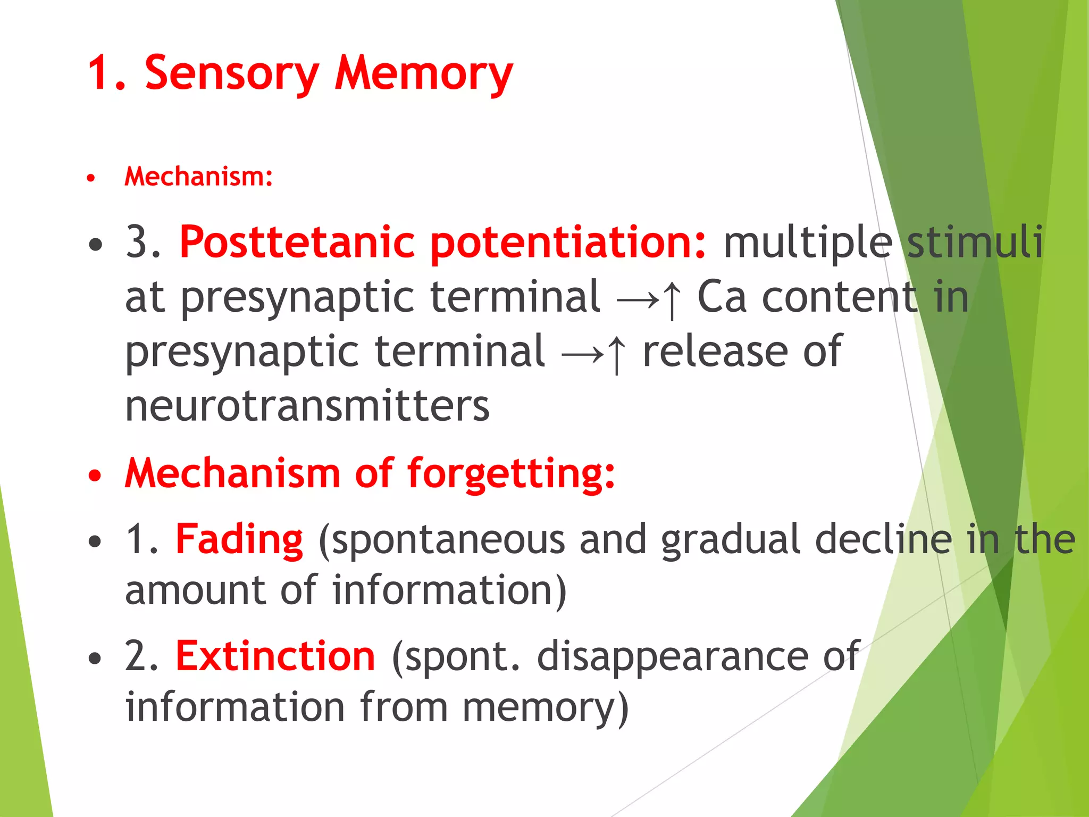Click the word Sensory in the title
click(x=231, y=73)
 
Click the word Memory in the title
click(x=423, y=73)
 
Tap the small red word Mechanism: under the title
click(x=198, y=177)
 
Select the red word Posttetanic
click(x=297, y=243)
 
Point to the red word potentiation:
click(x=568, y=243)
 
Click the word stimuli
click(x=975, y=243)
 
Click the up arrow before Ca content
click(x=672, y=299)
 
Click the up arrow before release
click(x=616, y=354)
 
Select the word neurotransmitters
click(x=307, y=406)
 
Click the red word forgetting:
click(x=511, y=473)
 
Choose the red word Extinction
click(x=275, y=656)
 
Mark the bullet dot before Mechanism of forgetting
click(x=95, y=476)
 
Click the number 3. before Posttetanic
click(x=143, y=243)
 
